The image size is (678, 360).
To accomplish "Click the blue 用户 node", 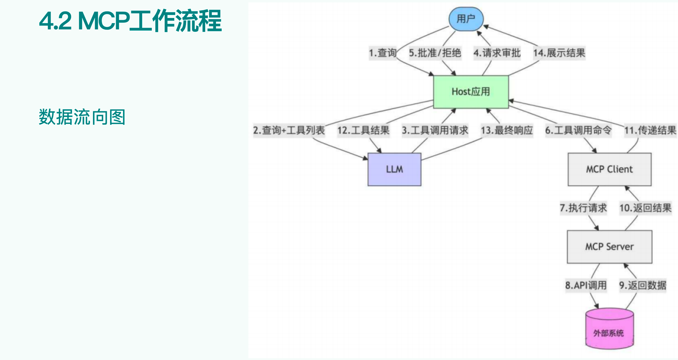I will coord(466,19).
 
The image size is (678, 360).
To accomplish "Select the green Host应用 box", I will coord(471,92).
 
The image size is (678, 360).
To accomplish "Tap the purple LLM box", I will coord(394,169).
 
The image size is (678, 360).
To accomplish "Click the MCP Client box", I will coord(609,169).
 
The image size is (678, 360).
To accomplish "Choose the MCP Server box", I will coord(609,247).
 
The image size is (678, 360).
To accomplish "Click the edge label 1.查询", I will coord(383,53).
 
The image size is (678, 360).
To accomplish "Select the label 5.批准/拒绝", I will coord(435,53).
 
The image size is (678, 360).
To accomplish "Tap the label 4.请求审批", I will coord(497,53).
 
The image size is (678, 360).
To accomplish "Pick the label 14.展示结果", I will coord(559,53).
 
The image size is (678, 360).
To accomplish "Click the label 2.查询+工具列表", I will coord(289,130).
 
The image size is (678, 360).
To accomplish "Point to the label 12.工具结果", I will coord(363,130).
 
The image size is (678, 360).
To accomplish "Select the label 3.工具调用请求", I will coord(435,130).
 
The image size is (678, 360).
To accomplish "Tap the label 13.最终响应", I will coord(507,130).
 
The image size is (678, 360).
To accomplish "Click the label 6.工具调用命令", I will coord(578,130).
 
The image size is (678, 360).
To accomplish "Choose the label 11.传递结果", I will coord(650,130).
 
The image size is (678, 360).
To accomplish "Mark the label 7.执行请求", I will coord(583,208).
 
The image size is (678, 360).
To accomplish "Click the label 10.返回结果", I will coord(645,208).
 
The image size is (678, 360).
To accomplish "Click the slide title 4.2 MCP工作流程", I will coord(130,21).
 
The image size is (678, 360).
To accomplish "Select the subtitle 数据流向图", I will coord(82,117).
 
